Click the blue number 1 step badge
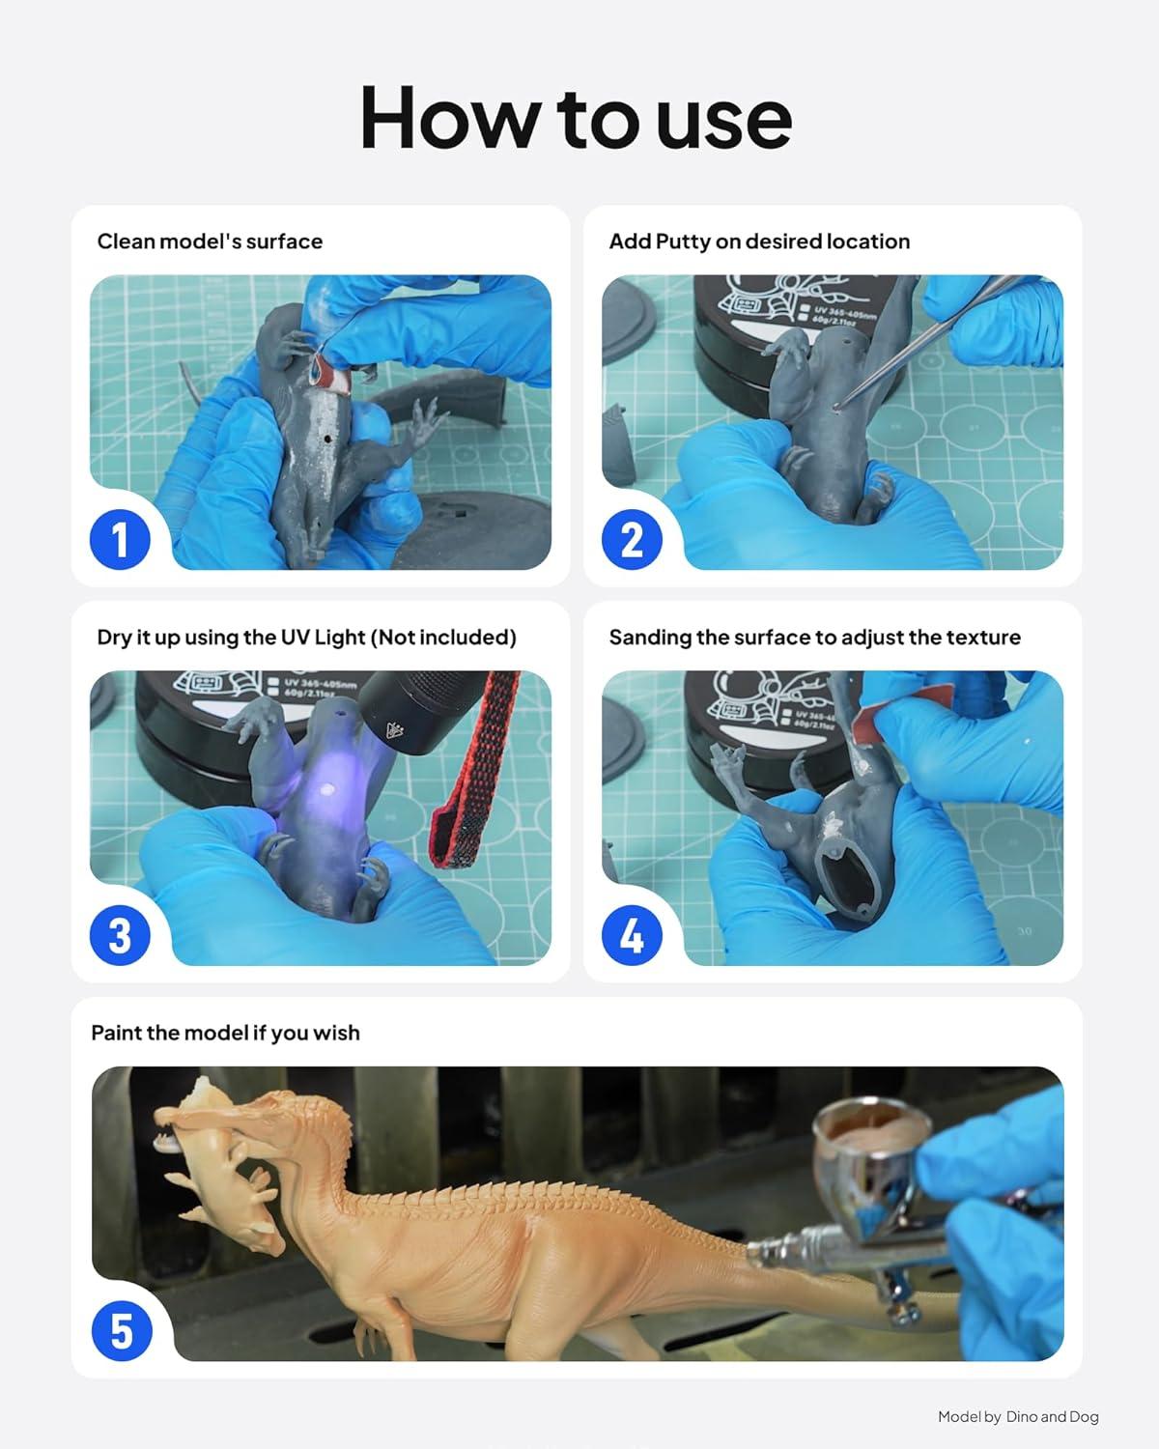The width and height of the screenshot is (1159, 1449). pyautogui.click(x=120, y=539)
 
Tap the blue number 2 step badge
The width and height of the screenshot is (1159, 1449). pyautogui.click(x=632, y=539)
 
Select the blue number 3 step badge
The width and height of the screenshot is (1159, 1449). pyautogui.click(x=120, y=935)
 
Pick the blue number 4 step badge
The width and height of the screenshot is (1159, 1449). pyautogui.click(x=632, y=935)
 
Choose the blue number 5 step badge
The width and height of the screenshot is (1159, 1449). pyautogui.click(x=122, y=1331)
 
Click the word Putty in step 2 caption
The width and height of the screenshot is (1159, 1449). pyautogui.click(x=683, y=241)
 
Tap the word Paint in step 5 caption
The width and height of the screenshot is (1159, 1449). pyautogui.click(x=112, y=1033)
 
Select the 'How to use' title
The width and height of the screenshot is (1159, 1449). pyautogui.click(x=577, y=119)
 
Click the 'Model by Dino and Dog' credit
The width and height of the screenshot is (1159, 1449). pyautogui.click(x=1018, y=1417)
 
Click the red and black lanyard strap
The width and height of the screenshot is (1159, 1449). pyautogui.click(x=472, y=769)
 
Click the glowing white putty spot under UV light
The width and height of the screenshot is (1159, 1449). pyautogui.click(x=328, y=789)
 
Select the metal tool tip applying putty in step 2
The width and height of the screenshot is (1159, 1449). pyautogui.click(x=837, y=407)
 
